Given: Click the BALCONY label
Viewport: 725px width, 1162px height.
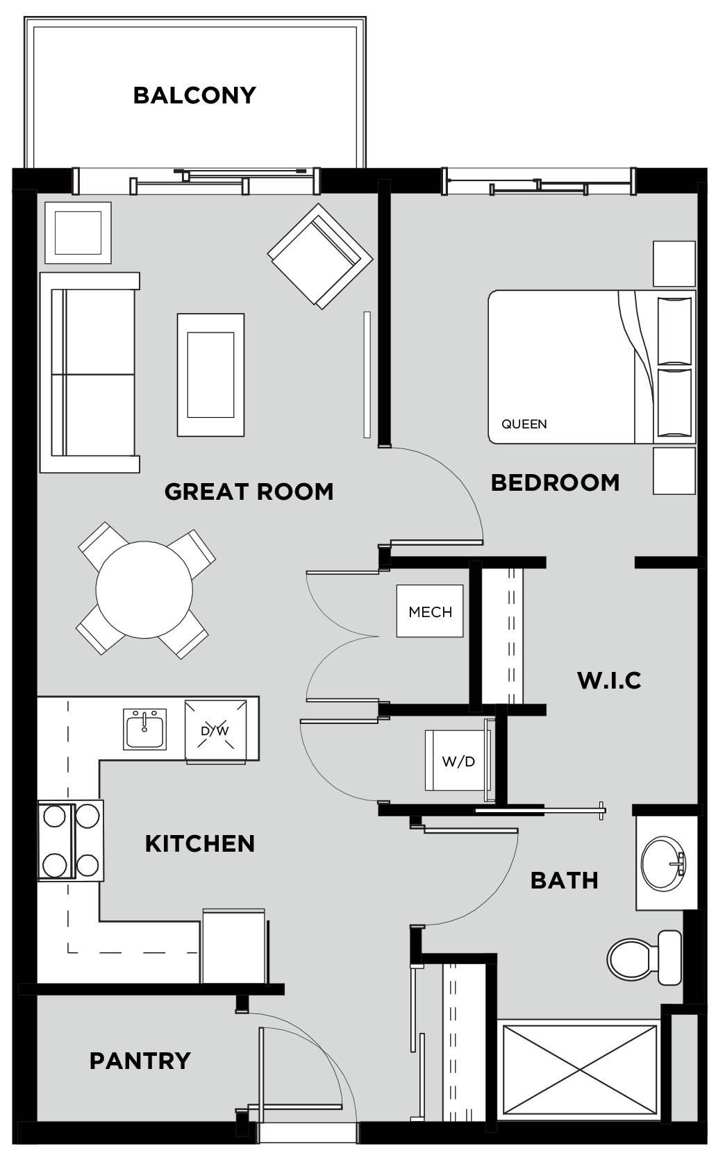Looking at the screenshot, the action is pyautogui.click(x=194, y=96).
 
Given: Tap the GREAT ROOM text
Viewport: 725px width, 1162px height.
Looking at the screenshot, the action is pyautogui.click(x=249, y=491).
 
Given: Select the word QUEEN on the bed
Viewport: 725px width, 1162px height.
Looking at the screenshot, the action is pyautogui.click(x=524, y=424).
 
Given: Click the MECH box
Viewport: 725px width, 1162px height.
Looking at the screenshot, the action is pyautogui.click(x=430, y=611).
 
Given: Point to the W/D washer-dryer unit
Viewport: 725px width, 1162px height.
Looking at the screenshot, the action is pyautogui.click(x=458, y=761).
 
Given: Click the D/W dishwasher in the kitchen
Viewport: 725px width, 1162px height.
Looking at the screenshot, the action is pyautogui.click(x=215, y=731).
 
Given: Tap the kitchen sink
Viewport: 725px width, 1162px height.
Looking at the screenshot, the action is pyautogui.click(x=145, y=729).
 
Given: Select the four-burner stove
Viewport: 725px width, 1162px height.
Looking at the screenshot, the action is pyautogui.click(x=71, y=840).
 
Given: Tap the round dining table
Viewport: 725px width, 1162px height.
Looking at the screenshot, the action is pyautogui.click(x=144, y=590).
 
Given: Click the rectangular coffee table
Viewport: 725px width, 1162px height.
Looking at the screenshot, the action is pyautogui.click(x=210, y=375).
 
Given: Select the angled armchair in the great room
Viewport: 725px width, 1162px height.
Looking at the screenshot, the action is pyautogui.click(x=320, y=256).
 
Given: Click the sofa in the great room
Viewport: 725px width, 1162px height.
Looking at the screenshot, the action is pyautogui.click(x=90, y=373).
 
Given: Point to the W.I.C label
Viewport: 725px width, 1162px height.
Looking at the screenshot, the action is pyautogui.click(x=609, y=680).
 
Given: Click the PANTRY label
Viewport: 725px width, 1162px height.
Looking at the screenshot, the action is pyautogui.click(x=140, y=1061).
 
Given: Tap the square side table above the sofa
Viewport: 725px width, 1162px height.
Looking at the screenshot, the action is pyautogui.click(x=78, y=233).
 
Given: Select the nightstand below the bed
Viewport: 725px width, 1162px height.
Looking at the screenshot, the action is pyautogui.click(x=674, y=471).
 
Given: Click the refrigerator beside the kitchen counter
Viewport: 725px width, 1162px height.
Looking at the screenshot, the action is pyautogui.click(x=234, y=945).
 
